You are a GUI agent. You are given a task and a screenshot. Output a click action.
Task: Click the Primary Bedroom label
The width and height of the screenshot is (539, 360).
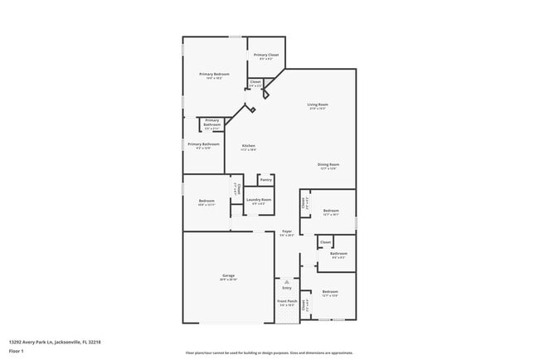click(213, 75)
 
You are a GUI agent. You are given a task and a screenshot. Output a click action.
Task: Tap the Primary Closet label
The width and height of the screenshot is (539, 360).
click(267, 55)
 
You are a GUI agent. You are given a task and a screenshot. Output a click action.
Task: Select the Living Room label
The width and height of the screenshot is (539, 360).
click(318, 105)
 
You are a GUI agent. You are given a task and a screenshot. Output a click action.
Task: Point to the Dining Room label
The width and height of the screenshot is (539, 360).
click(328, 164)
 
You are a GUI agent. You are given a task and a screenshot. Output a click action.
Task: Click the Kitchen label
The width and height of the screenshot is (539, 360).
click(248, 146)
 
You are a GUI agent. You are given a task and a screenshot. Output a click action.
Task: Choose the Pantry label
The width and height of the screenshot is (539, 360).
click(266, 180)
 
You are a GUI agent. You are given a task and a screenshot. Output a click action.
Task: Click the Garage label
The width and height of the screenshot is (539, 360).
click(227, 275)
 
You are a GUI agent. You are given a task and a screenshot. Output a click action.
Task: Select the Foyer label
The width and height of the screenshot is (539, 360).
click(287, 231)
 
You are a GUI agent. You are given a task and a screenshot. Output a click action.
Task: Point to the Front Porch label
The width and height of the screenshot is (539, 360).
click(287, 301)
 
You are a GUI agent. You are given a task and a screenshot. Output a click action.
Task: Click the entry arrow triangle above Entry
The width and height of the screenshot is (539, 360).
click(287, 281)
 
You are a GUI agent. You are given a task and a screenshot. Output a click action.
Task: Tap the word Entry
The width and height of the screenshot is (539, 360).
click(287, 288)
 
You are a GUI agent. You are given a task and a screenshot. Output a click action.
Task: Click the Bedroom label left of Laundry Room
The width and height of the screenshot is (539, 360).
click(206, 201)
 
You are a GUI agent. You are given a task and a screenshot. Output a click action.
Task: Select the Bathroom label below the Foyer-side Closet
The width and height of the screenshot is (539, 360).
click(338, 254)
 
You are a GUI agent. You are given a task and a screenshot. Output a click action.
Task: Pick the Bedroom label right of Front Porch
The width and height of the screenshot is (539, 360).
click(330, 291)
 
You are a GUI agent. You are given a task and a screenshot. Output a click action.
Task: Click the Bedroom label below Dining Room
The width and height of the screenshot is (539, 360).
click(331, 211)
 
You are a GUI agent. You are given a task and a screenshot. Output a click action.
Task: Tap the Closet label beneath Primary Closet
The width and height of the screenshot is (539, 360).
click(255, 81)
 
